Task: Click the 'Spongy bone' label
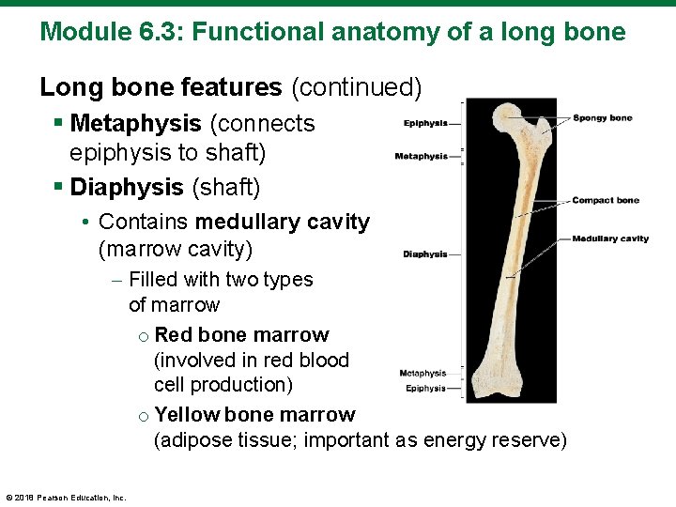point(603,118)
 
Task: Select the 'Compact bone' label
point(606,200)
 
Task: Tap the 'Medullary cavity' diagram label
point(610,238)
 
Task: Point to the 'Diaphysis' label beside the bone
point(425,254)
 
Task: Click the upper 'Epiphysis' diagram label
point(425,123)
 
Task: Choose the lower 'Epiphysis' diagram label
point(425,389)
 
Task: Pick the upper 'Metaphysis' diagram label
point(421,156)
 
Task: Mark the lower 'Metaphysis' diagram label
point(422,374)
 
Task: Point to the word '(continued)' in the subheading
point(356,87)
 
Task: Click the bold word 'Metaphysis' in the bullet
point(135,123)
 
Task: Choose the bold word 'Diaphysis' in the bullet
point(127,187)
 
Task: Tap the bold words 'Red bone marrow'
point(241,335)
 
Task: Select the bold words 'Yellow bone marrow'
point(254,415)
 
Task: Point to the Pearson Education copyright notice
point(66,498)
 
